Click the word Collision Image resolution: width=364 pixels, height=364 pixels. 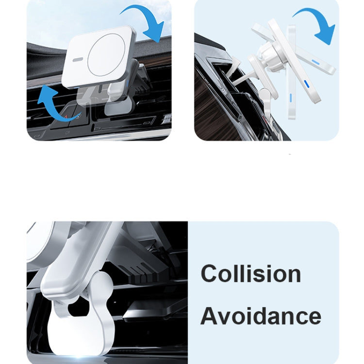[x=250, y=274]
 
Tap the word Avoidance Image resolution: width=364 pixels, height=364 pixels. [x=261, y=316]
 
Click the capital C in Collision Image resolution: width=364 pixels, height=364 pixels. [x=210, y=274]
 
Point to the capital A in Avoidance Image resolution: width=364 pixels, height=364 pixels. [x=210, y=316]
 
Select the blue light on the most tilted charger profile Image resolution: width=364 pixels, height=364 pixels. [x=316, y=63]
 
